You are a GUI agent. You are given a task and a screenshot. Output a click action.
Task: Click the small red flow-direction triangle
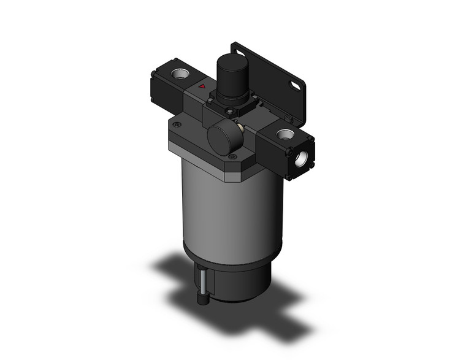202,89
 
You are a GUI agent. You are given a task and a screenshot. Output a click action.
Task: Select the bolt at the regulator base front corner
230,112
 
